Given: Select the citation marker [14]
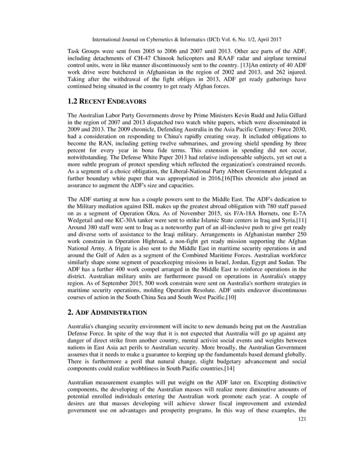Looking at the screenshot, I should point(227,368).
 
